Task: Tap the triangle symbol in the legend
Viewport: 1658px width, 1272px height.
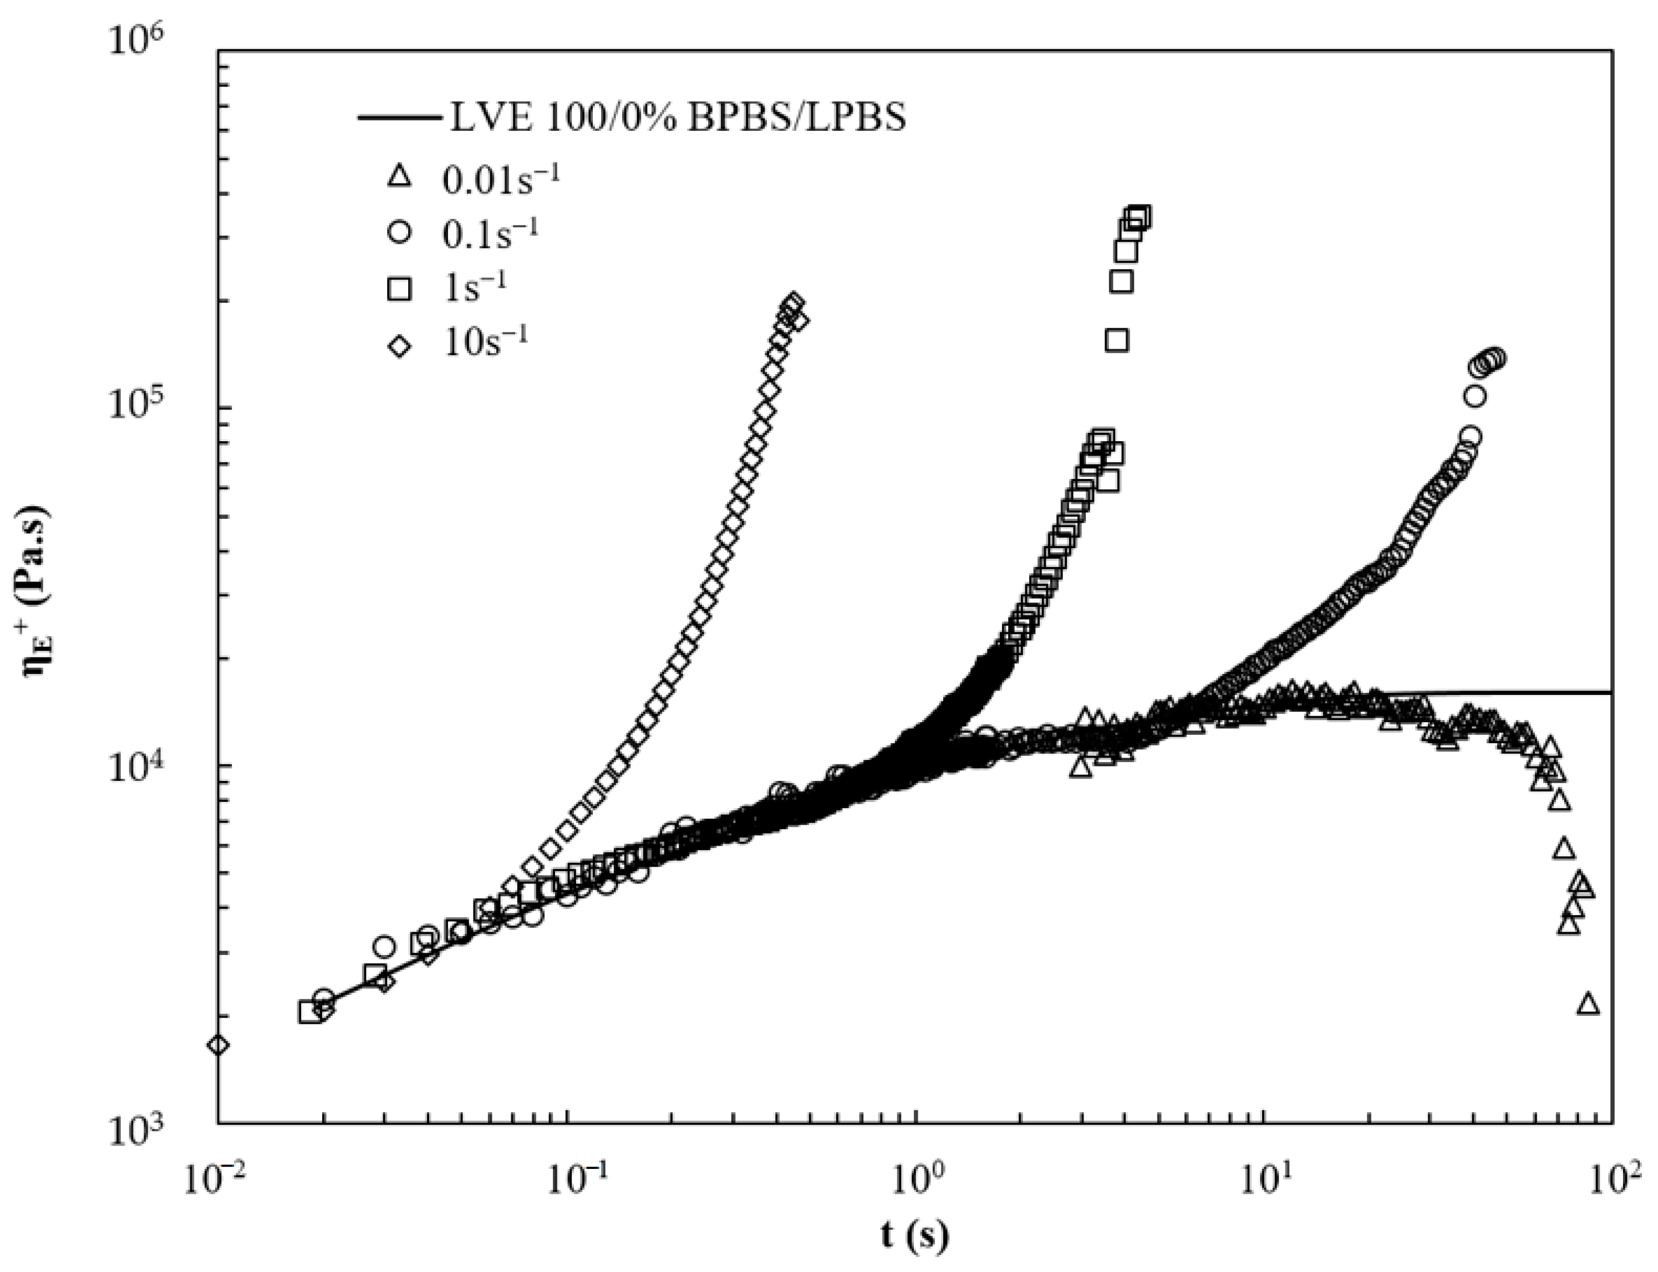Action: tap(399, 177)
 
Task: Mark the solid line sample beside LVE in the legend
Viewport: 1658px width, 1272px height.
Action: tap(399, 119)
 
